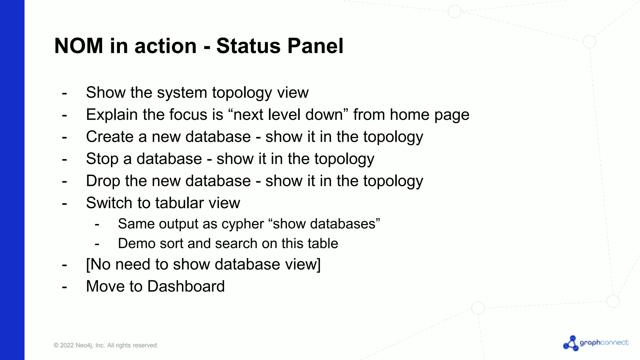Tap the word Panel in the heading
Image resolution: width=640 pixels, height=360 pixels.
tap(315, 46)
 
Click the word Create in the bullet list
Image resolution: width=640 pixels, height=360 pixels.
tap(110, 137)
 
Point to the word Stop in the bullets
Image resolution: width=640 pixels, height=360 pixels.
tap(102, 159)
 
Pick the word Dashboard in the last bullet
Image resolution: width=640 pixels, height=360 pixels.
tap(186, 286)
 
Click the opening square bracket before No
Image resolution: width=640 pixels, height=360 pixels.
tap(88, 264)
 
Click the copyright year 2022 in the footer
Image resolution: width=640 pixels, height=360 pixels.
tap(67, 345)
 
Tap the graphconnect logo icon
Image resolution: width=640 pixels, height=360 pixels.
tap(571, 343)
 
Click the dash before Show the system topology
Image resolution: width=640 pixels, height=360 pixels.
tap(64, 93)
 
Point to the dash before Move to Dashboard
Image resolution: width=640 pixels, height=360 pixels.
tap(64, 287)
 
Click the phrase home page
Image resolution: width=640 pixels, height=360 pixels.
tap(429, 115)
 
